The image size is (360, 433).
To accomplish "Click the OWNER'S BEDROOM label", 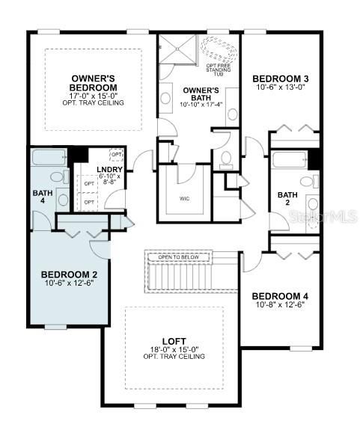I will point(92,83).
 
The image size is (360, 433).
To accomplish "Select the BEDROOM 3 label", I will point(281,79).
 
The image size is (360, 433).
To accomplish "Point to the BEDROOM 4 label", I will point(281,296).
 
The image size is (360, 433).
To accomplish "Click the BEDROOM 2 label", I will point(69,274).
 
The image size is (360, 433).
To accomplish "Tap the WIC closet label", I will point(185,199).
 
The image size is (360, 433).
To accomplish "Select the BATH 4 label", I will point(41,196).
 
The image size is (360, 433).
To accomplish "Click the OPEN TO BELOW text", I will point(178,257).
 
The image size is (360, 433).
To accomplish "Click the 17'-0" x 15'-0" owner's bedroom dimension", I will point(92,96).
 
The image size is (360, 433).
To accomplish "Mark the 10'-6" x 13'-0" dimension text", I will point(281,87).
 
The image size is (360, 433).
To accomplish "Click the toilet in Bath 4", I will point(57,179).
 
